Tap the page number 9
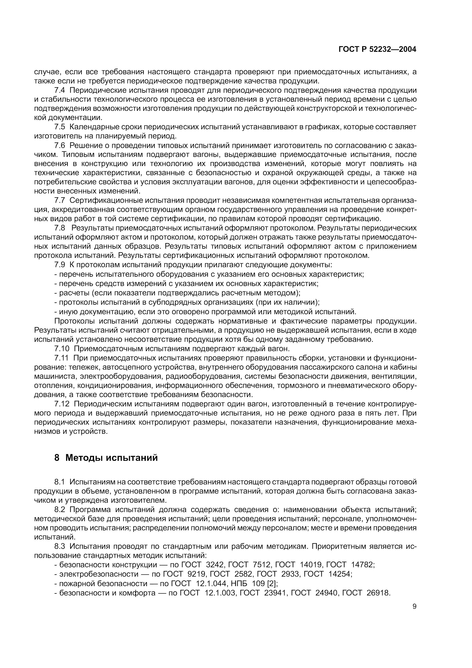[414, 606]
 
